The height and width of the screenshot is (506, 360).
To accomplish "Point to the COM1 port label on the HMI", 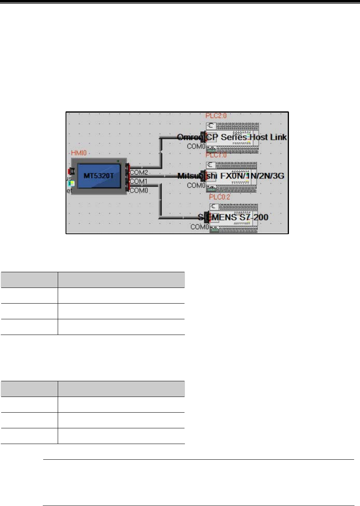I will click(139, 182).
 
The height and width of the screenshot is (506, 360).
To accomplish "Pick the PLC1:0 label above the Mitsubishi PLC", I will click(218, 155).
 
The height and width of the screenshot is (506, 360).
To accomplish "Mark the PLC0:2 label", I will click(219, 197).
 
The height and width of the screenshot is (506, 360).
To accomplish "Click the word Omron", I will click(189, 137).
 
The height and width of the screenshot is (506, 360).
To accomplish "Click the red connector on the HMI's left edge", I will click(72, 171).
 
